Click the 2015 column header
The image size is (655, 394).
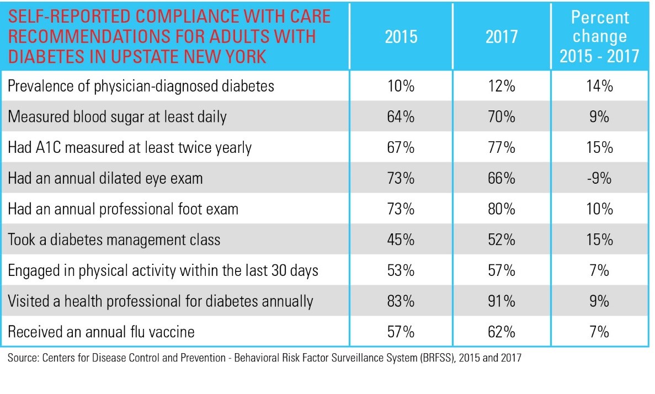pyautogui.click(x=401, y=36)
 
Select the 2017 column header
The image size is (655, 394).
pyautogui.click(x=503, y=36)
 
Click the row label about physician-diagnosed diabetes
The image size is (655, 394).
pyautogui.click(x=141, y=86)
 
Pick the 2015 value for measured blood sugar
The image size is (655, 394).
pyautogui.click(x=401, y=117)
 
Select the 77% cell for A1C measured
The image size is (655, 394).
pyautogui.click(x=503, y=148)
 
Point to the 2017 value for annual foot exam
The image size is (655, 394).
pyautogui.click(x=503, y=209)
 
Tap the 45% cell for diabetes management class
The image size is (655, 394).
pyautogui.click(x=401, y=239)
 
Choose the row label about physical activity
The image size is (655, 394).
pyautogui.click(x=163, y=270)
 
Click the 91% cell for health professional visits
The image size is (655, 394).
pyautogui.click(x=503, y=301)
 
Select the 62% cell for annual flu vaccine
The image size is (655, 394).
pyautogui.click(x=503, y=332)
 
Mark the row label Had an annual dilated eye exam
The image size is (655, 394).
pyautogui.click(x=105, y=178)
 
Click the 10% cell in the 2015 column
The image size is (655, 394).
pyautogui.click(x=401, y=86)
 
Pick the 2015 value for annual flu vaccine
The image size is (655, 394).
pyautogui.click(x=401, y=332)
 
